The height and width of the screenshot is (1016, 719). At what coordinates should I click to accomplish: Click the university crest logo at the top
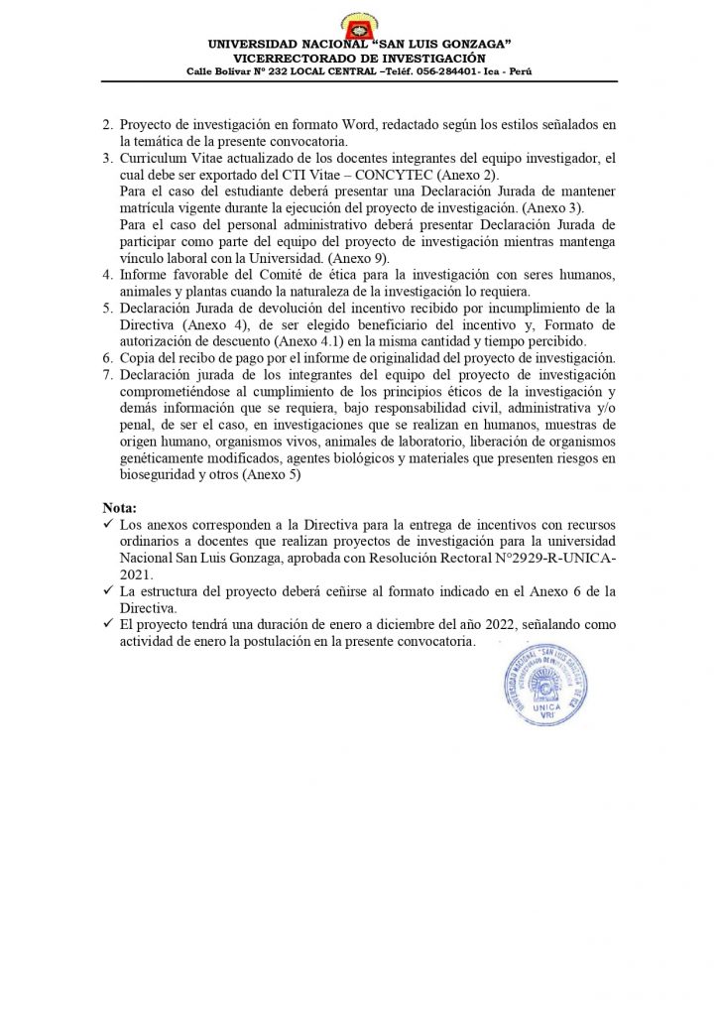tap(358, 23)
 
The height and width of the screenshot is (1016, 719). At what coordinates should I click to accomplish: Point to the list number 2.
tap(108, 125)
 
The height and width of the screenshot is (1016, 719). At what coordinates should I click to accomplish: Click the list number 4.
tap(108, 274)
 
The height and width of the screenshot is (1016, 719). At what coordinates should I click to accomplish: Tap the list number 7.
tap(108, 374)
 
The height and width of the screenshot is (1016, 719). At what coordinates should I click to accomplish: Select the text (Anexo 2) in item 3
tap(393, 174)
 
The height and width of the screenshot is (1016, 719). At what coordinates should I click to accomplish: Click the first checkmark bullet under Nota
tap(108, 524)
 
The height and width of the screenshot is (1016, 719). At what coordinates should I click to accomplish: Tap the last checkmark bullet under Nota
tap(108, 625)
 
